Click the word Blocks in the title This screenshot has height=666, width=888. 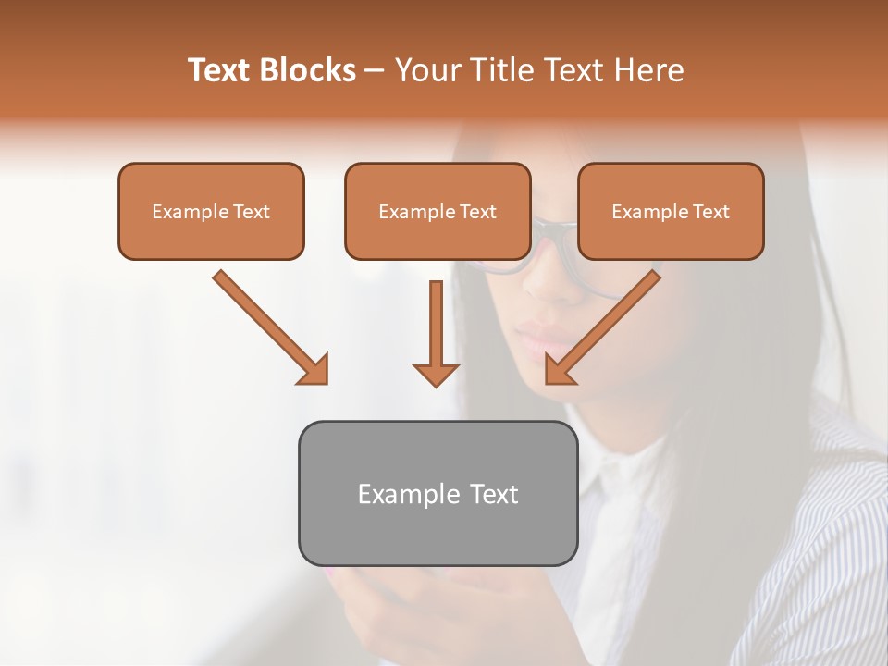pyautogui.click(x=307, y=70)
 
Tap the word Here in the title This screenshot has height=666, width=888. pyautogui.click(x=652, y=70)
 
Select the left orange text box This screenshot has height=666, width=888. pyautogui.click(x=211, y=212)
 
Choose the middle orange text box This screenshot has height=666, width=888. pyautogui.click(x=438, y=212)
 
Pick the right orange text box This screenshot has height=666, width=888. pyautogui.click(x=671, y=212)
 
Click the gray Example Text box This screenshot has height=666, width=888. pyautogui.click(x=438, y=493)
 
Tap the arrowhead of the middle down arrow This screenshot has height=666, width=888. pyautogui.click(x=436, y=374)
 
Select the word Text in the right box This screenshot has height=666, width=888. pyautogui.click(x=710, y=212)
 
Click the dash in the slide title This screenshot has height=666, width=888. pyautogui.click(x=375, y=70)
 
